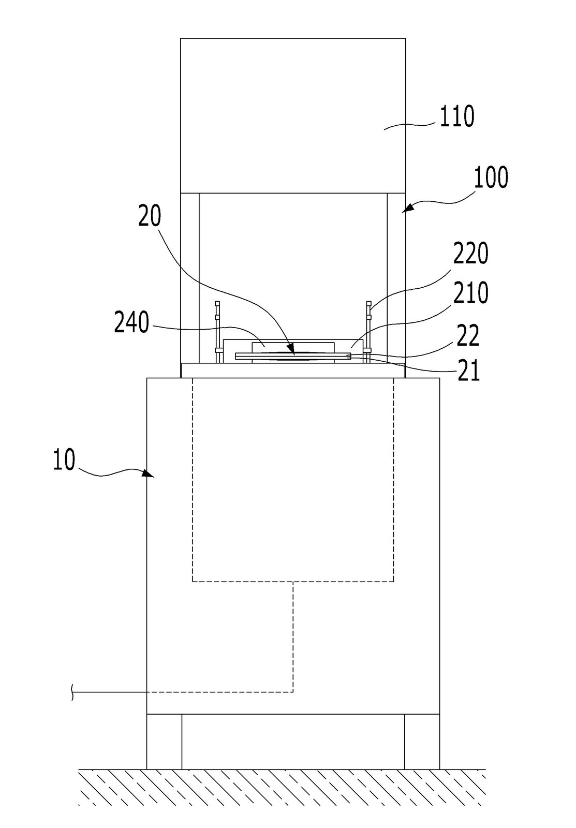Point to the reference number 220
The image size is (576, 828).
tap(470, 254)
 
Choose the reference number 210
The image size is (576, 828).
tap(470, 292)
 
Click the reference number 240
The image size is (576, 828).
tap(131, 322)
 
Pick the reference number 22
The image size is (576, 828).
tap(468, 336)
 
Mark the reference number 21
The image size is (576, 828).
tap(469, 370)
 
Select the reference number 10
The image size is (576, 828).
tap(64, 460)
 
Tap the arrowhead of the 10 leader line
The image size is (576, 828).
tap(149, 474)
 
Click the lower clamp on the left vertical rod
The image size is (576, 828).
tap(217, 350)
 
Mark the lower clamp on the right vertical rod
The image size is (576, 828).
tap(367, 350)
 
